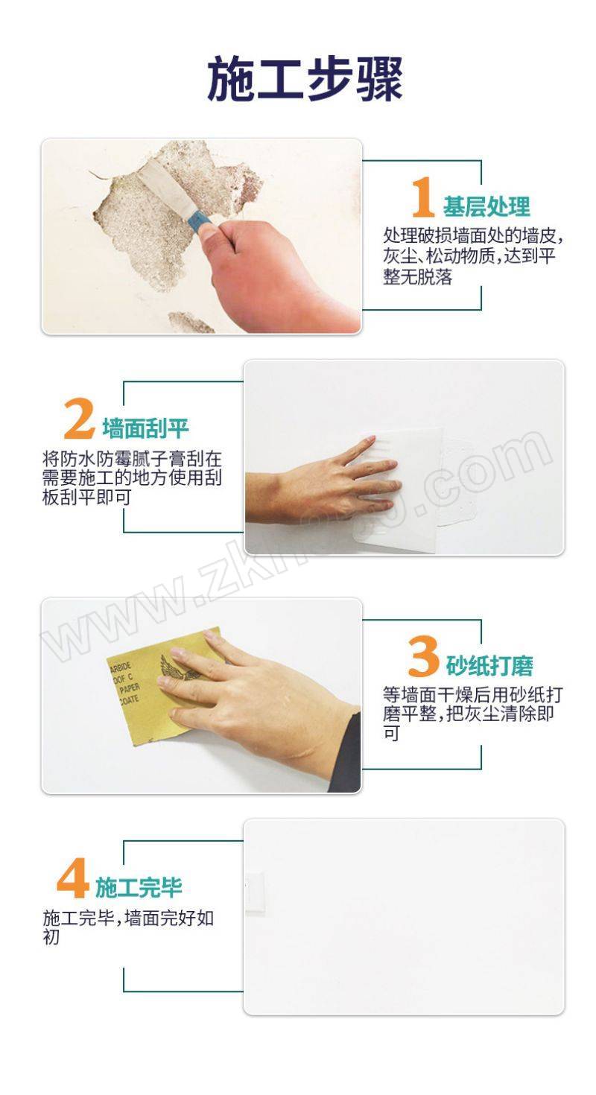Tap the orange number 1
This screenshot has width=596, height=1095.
tap(423, 197)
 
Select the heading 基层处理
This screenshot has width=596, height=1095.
tap(486, 206)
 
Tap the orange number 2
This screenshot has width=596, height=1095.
tap(79, 419)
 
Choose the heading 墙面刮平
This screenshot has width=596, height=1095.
tap(145, 428)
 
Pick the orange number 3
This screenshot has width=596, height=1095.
tap(423, 656)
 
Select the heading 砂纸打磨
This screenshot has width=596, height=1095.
tap(489, 665)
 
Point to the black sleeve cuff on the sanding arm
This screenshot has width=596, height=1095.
tap(346, 753)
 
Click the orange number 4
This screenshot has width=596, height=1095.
tap(72, 878)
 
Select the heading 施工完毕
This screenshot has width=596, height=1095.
tap(139, 887)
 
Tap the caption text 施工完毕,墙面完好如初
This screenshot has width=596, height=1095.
tap(129, 927)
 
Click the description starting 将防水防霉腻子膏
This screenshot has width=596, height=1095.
tap(132, 477)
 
